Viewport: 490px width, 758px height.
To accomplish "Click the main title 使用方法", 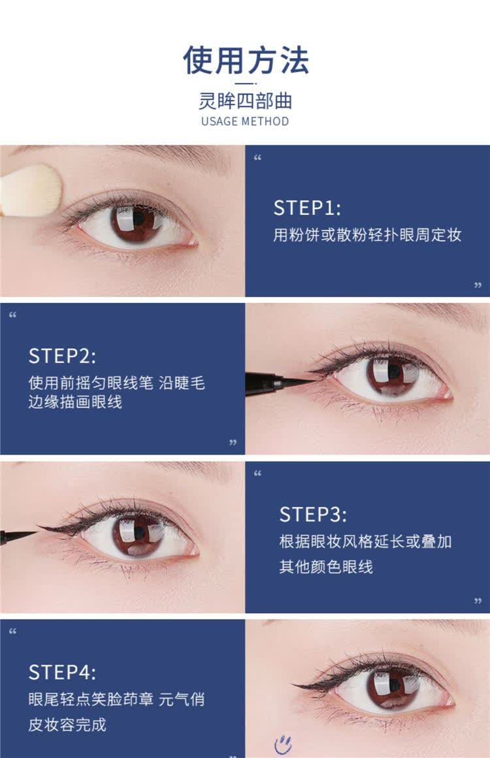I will point(245,61).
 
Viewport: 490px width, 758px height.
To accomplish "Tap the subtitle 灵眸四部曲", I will point(245,101).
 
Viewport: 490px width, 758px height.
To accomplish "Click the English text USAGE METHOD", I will point(245,121).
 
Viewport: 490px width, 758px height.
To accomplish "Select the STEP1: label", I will point(307,208).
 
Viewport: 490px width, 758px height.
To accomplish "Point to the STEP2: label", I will point(62,356).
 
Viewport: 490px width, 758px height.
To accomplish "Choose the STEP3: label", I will point(314,514).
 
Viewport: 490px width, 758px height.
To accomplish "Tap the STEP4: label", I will point(62,672).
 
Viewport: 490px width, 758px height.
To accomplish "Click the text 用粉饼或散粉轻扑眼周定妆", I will point(367,235).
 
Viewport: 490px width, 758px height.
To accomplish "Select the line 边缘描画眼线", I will point(75,402).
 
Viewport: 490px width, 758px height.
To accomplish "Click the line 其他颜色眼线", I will point(326,567).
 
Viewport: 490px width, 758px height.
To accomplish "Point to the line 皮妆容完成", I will point(67,725).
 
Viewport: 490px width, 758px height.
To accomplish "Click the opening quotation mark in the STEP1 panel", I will point(257,158).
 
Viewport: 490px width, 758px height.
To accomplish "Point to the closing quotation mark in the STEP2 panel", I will point(233,443).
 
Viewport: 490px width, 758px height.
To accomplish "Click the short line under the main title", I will point(245,84).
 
